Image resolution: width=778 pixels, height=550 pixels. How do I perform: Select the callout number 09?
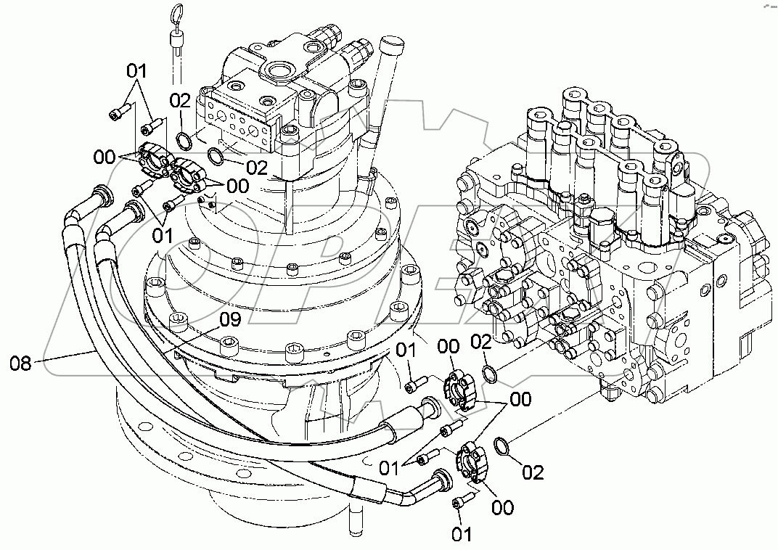point(229,320)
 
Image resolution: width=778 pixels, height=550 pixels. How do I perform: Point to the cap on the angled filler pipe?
point(392,46)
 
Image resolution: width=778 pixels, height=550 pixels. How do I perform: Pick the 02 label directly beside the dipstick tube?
point(181,100)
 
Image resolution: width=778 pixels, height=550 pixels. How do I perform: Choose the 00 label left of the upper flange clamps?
point(104,156)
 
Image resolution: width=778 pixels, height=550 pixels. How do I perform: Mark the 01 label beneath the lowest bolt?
point(462,535)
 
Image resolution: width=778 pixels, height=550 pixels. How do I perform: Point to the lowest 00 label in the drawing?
point(502,507)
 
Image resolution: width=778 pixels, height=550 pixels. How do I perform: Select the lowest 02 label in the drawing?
point(533,472)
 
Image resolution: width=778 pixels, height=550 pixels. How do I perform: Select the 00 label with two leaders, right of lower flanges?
point(520,398)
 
